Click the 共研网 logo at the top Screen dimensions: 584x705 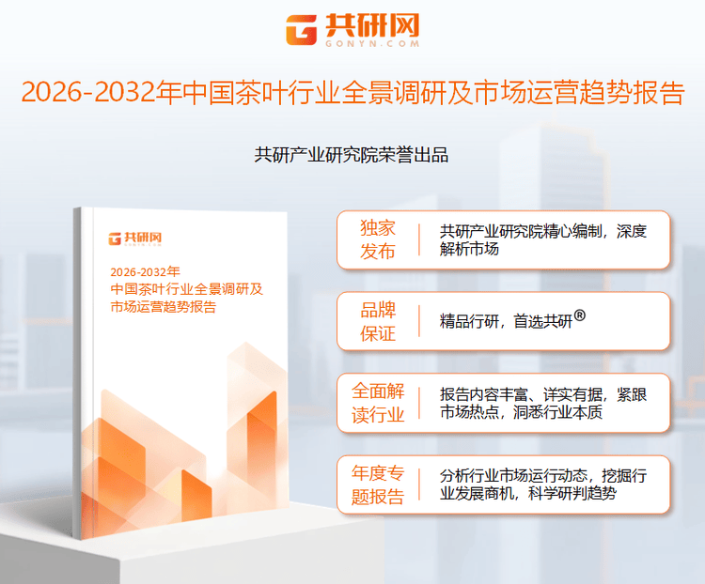(352, 26)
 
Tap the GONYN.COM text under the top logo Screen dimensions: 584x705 (370, 43)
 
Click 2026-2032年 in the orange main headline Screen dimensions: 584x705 (100, 94)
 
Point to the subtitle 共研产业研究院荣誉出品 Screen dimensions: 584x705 (352, 155)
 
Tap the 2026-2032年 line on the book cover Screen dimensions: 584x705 (145, 271)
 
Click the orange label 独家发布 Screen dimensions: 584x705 (378, 240)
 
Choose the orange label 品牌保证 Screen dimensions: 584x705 (378, 322)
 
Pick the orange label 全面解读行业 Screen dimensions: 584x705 (378, 403)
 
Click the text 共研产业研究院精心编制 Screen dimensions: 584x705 (523, 230)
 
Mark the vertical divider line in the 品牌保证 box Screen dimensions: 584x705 (419, 322)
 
